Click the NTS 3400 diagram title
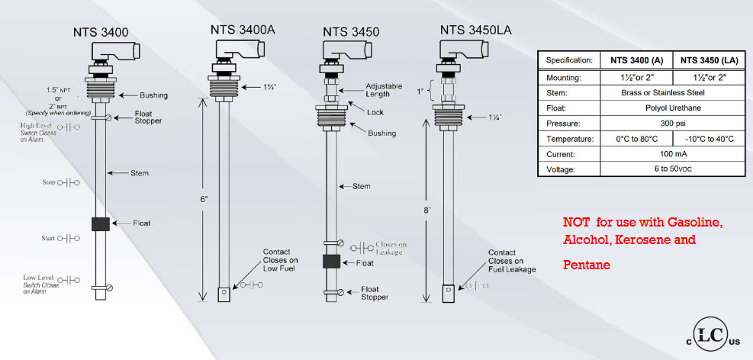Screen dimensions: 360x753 101,33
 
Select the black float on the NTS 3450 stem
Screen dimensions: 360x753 331,262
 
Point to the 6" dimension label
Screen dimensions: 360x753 194,197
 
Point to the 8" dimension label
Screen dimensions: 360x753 427,209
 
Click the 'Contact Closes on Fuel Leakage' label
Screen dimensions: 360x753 512,260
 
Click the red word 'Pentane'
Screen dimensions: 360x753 587,265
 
